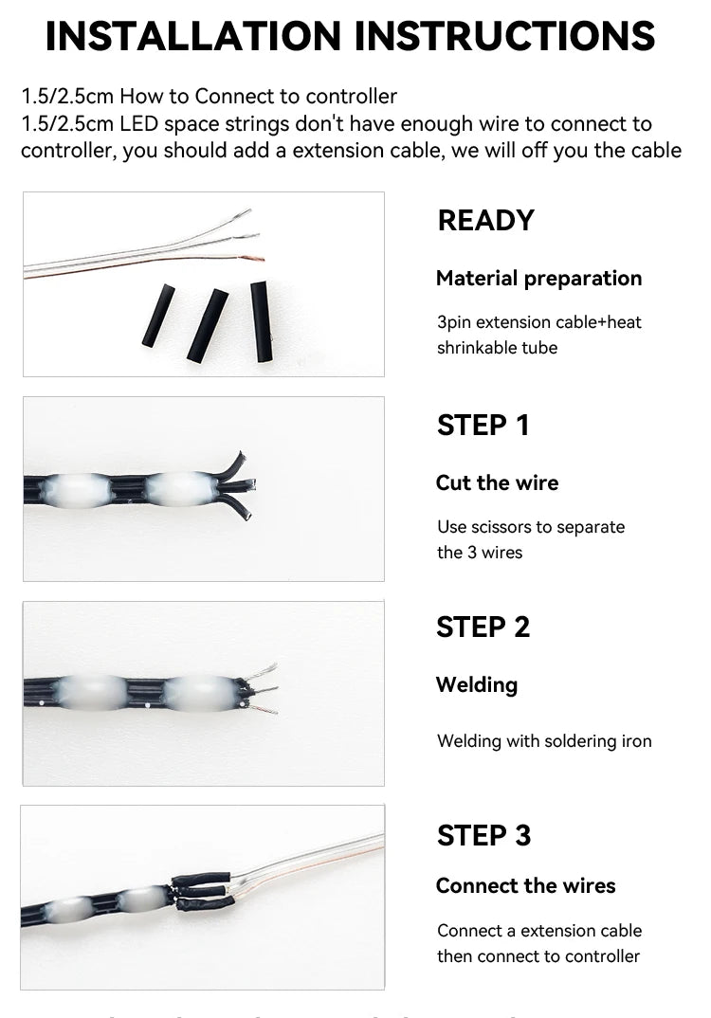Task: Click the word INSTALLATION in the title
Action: pyautogui.click(x=192, y=36)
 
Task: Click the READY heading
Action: pyautogui.click(x=485, y=221)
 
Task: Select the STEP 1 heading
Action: pyautogui.click(x=483, y=426)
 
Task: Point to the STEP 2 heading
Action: pyautogui.click(x=483, y=627)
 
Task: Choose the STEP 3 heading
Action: pyautogui.click(x=483, y=836)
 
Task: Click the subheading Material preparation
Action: pyautogui.click(x=538, y=279)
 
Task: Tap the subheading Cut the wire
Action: pyautogui.click(x=497, y=482)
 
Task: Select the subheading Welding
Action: pyautogui.click(x=477, y=685)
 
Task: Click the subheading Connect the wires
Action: pyautogui.click(x=525, y=885)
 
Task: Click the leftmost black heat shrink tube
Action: pyautogui.click(x=159, y=315)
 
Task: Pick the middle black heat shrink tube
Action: pyautogui.click(x=208, y=324)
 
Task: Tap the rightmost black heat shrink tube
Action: pyautogui.click(x=261, y=321)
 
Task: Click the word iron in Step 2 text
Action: pyautogui.click(x=636, y=741)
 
